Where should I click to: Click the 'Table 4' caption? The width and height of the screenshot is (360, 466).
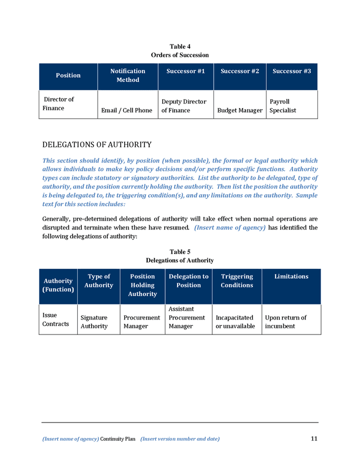click(180, 47)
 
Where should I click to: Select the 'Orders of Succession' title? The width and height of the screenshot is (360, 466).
click(180, 55)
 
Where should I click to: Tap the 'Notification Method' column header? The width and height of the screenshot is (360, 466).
click(127, 76)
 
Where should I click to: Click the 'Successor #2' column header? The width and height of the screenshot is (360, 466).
click(239, 71)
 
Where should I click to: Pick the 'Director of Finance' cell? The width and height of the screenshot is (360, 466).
click(59, 104)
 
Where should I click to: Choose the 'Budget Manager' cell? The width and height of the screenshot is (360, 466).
click(239, 110)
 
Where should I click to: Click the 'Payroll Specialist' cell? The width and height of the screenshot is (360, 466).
click(283, 106)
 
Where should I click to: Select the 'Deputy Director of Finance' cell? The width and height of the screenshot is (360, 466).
click(183, 106)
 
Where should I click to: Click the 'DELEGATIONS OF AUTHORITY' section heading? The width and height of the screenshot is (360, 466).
click(97, 144)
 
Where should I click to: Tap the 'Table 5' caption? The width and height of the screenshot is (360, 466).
click(180, 252)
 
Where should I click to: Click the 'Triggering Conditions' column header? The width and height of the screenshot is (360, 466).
click(237, 281)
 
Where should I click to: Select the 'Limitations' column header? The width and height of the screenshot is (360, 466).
click(291, 276)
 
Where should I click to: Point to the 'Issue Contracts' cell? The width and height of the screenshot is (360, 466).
click(55, 319)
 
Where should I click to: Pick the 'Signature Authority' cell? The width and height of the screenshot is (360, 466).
click(94, 322)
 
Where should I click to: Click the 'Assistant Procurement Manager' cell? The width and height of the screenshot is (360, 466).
click(187, 317)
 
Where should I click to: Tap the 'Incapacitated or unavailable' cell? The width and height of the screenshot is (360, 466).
click(235, 322)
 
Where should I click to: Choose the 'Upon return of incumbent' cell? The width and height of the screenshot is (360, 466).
click(285, 322)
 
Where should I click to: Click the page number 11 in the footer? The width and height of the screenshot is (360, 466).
click(314, 439)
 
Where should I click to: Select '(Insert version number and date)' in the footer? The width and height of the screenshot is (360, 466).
click(180, 439)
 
